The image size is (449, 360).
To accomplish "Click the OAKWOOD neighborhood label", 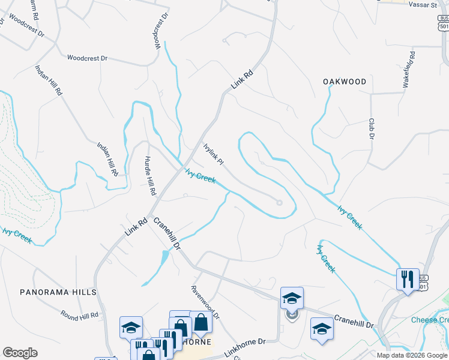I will (344, 82).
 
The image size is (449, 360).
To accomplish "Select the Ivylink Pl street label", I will (213, 154).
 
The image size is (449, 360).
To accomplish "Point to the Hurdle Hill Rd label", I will (150, 176).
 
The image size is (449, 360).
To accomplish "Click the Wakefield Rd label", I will (410, 70).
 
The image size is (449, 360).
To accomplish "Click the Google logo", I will (20, 353).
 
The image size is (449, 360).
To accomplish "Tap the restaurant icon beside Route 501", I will (408, 279).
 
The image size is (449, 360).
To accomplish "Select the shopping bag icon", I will (201, 323).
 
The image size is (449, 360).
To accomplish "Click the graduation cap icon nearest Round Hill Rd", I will (130, 327).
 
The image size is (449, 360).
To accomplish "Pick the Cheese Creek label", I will (430, 320).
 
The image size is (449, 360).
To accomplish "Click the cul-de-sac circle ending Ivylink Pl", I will (279, 203).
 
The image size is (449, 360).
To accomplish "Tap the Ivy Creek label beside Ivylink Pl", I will (200, 176).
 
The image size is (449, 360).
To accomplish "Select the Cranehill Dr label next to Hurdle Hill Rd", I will (167, 233).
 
